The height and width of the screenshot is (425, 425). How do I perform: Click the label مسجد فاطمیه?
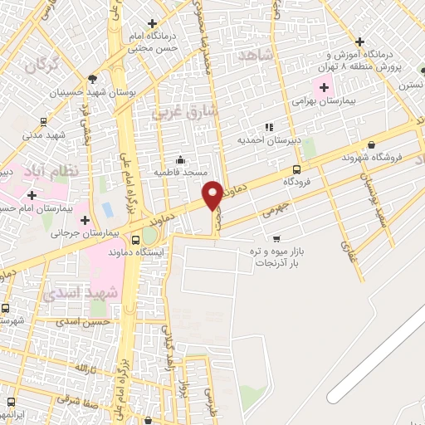[x=180, y=171]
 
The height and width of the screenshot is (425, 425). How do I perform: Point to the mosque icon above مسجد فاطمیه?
[x=180, y=159]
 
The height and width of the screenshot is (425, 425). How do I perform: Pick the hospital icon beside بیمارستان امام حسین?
[x=32, y=195]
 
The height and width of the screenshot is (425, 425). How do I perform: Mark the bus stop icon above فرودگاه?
[x=296, y=169]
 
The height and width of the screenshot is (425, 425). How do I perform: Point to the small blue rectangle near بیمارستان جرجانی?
[x=107, y=208]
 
